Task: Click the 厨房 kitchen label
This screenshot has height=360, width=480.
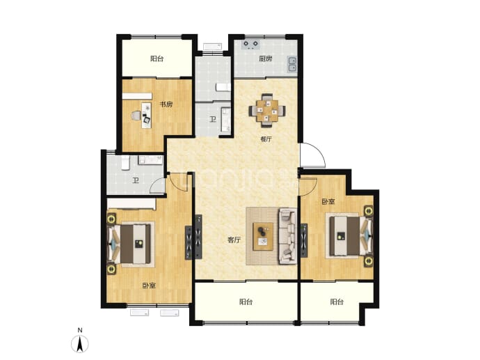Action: click(x=266, y=58)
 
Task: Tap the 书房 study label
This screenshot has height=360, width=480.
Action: click(x=166, y=104)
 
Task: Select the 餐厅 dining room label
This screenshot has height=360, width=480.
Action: click(x=266, y=139)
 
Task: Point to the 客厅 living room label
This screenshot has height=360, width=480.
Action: click(x=234, y=240)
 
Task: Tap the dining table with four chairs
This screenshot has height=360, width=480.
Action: click(x=268, y=110)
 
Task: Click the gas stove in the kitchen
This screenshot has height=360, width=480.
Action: click(x=251, y=45)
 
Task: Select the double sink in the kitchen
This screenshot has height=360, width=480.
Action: click(x=292, y=64)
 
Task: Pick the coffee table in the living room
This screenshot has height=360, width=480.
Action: click(x=263, y=236)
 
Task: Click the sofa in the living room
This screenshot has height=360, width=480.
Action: click(x=288, y=236)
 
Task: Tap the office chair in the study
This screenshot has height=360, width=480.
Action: click(x=136, y=116)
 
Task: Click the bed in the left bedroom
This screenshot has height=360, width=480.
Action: click(x=131, y=244)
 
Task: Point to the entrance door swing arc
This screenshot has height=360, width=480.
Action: click(x=321, y=152)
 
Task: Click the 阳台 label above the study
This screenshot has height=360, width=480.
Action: click(x=157, y=58)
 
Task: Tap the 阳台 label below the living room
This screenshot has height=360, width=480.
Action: click(x=246, y=302)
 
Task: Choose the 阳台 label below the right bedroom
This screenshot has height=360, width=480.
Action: click(x=337, y=302)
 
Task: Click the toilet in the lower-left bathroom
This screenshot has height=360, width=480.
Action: click(x=125, y=163)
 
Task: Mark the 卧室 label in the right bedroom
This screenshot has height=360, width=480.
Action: click(x=328, y=202)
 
